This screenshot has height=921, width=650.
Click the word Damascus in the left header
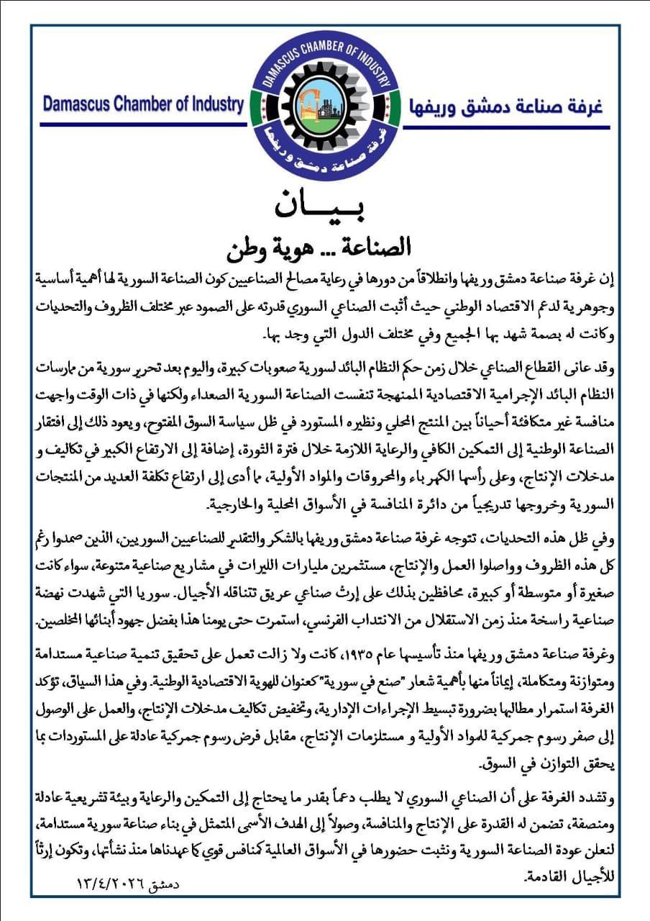[78, 104]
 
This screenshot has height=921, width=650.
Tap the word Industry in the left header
[214, 104]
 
